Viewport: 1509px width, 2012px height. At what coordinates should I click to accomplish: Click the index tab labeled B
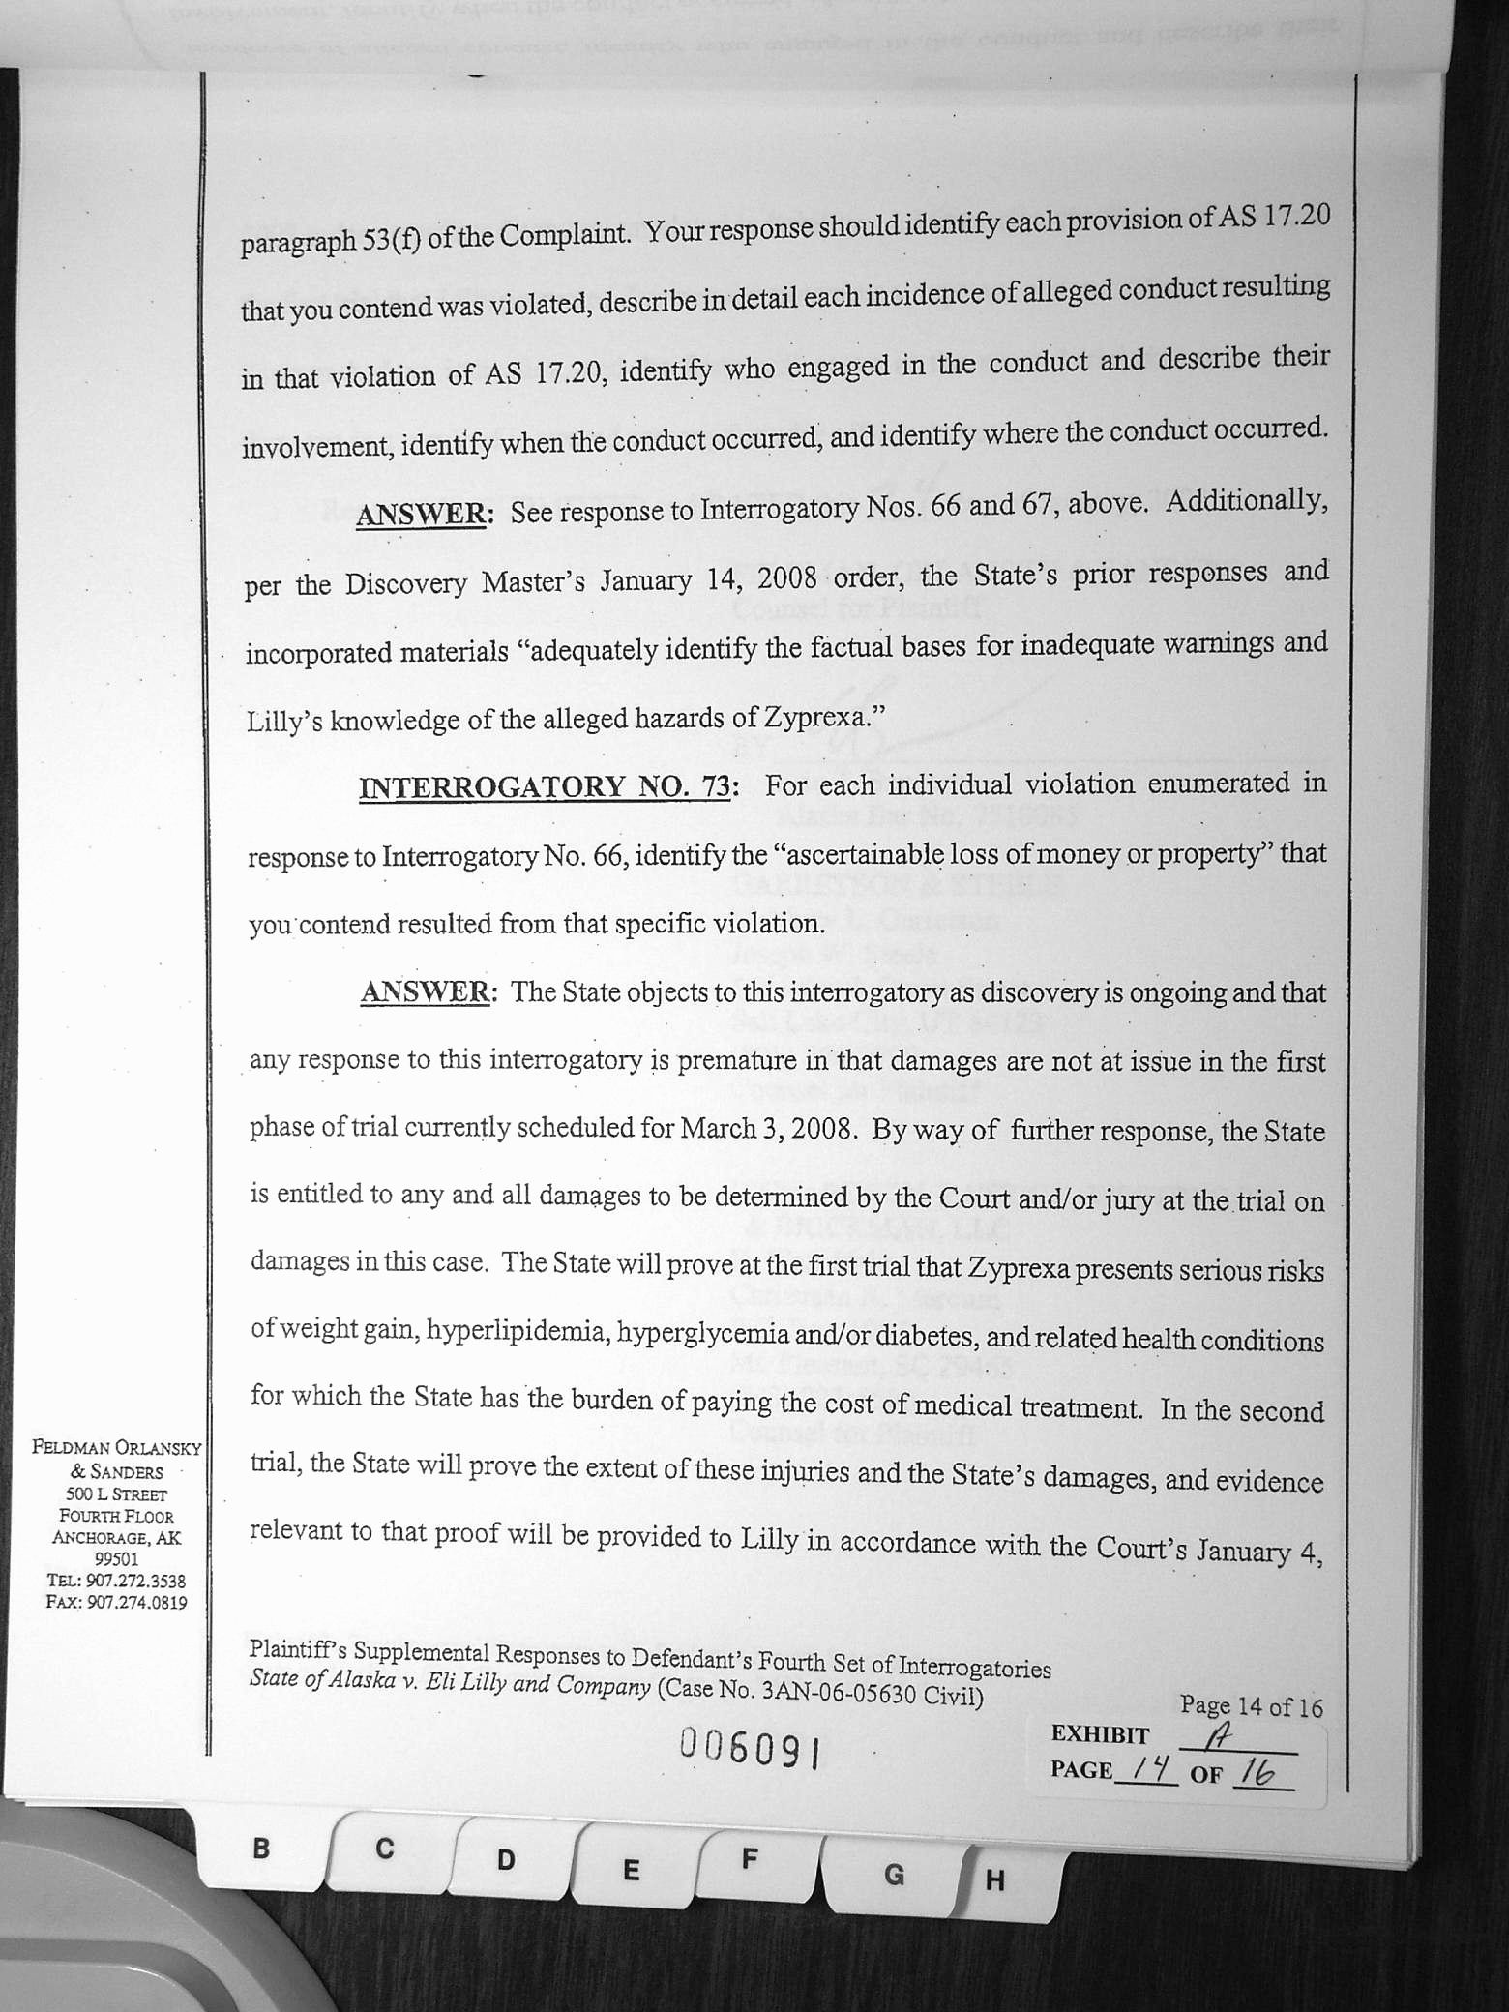click(x=261, y=1850)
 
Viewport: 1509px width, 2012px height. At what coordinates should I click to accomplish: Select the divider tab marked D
click(x=506, y=1860)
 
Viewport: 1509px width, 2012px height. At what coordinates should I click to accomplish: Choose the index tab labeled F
click(x=749, y=1858)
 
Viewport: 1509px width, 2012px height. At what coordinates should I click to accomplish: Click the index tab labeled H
click(x=995, y=1881)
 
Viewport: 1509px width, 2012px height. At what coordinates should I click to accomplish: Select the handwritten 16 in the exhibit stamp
click(x=1257, y=1773)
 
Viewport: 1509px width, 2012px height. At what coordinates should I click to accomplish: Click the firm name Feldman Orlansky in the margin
click(x=116, y=1449)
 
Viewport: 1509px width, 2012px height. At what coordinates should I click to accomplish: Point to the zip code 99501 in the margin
click(x=116, y=1559)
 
